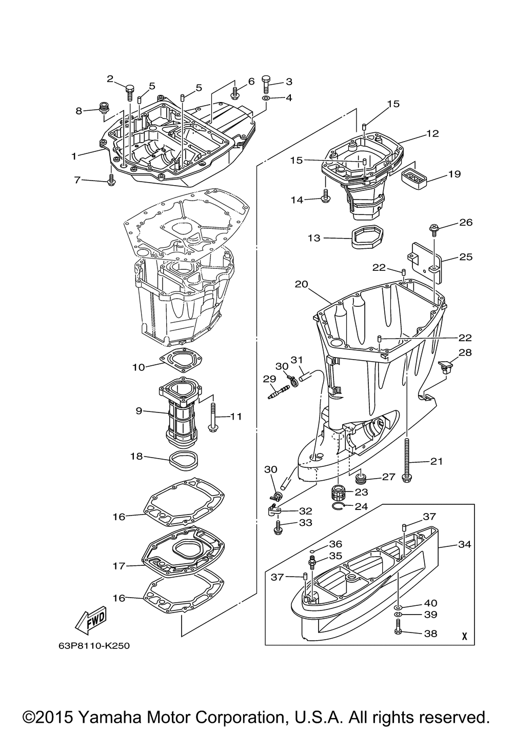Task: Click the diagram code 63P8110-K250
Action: point(94,645)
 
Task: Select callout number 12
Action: point(432,133)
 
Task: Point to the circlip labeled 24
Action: point(350,507)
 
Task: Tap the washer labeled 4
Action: point(266,97)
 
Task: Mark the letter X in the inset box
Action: point(464,636)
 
